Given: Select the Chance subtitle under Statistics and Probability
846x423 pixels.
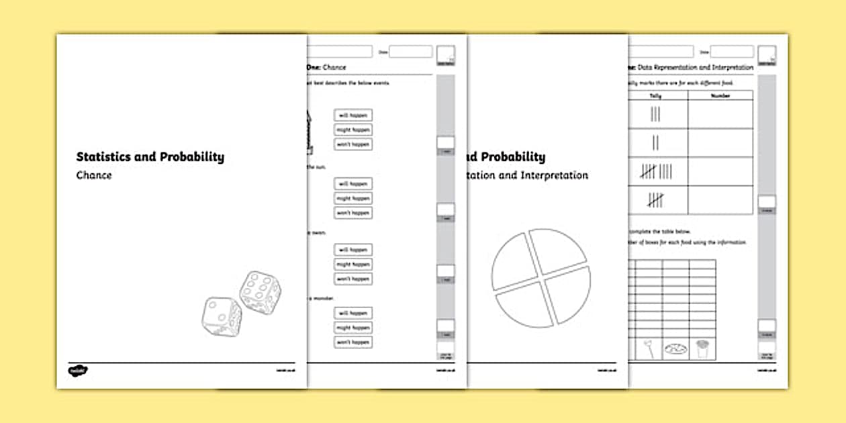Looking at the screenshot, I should [94, 176].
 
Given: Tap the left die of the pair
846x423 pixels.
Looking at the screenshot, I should [222, 318].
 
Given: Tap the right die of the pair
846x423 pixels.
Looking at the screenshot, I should [260, 293].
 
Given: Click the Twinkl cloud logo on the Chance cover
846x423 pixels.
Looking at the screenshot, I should [78, 370].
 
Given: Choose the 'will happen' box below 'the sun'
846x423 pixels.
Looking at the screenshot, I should [353, 184].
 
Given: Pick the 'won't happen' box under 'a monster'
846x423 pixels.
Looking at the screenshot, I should [353, 342].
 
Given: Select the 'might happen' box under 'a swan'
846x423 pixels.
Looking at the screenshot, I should [353, 265].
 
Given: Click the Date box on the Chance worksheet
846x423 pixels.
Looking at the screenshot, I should [410, 52].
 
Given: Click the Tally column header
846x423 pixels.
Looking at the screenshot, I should [655, 96].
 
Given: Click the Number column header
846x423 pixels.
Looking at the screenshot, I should [720, 96].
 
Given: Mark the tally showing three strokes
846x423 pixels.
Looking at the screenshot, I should [655, 115].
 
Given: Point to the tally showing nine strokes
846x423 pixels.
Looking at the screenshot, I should [655, 172].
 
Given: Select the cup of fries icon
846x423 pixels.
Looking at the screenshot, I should [702, 348].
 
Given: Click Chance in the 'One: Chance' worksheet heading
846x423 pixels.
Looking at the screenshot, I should [334, 68].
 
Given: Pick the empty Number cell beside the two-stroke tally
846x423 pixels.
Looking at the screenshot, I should [720, 143].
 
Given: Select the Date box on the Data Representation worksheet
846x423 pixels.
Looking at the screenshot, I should [732, 52].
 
